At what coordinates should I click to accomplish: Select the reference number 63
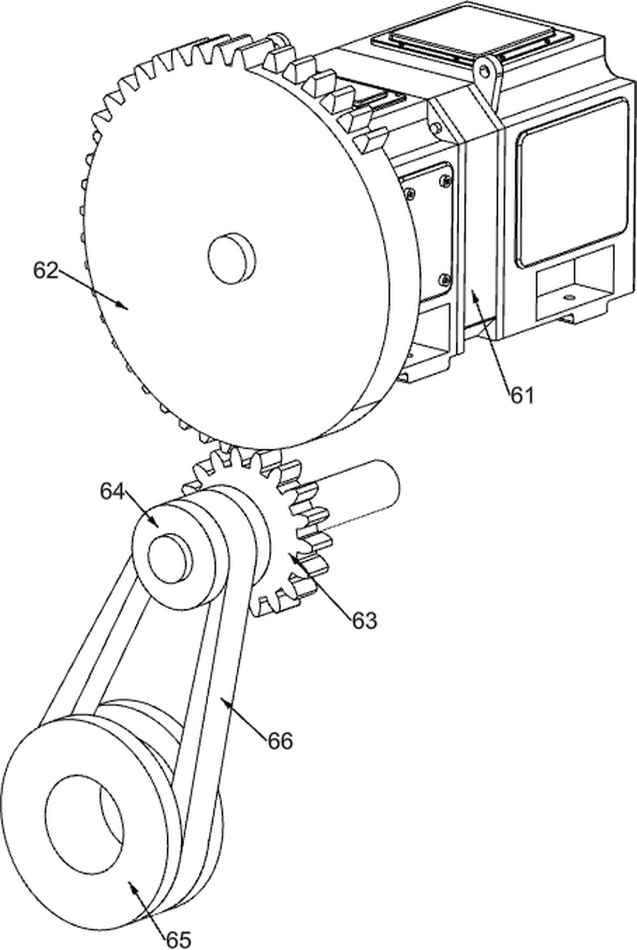pyautogui.click(x=364, y=620)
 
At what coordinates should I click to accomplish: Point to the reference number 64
pyautogui.click(x=113, y=491)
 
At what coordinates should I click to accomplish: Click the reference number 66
pyautogui.click(x=279, y=741)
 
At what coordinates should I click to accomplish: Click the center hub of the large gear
pyautogui.click(x=232, y=257)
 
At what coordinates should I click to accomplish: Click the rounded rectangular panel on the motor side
pyautogui.click(x=571, y=183)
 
